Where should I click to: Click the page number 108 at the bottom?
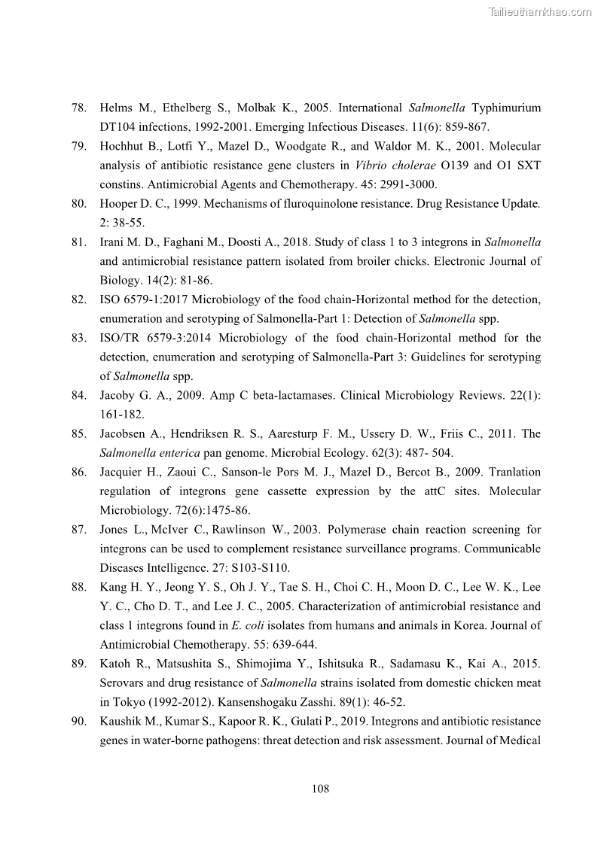(320, 789)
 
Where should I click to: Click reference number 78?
(78, 108)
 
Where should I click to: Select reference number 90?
(78, 721)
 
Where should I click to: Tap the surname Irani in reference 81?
(114, 242)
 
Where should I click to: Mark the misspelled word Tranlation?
(514, 472)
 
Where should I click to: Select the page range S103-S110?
(258, 567)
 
